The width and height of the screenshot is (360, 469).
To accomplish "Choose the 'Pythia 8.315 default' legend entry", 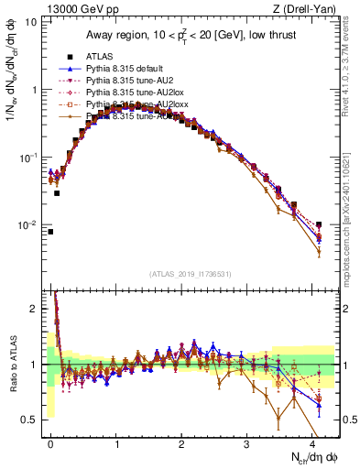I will point(128,69).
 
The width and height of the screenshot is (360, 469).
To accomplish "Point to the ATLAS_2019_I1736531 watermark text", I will point(195,274).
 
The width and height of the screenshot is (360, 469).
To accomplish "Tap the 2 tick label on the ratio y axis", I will point(33,310).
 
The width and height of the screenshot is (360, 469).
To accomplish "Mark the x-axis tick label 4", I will point(312,442).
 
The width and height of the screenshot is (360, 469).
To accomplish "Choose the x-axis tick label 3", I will point(247,442).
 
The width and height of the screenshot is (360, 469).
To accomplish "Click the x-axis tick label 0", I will point(51,442).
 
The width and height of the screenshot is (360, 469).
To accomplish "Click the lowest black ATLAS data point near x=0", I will point(50,232).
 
